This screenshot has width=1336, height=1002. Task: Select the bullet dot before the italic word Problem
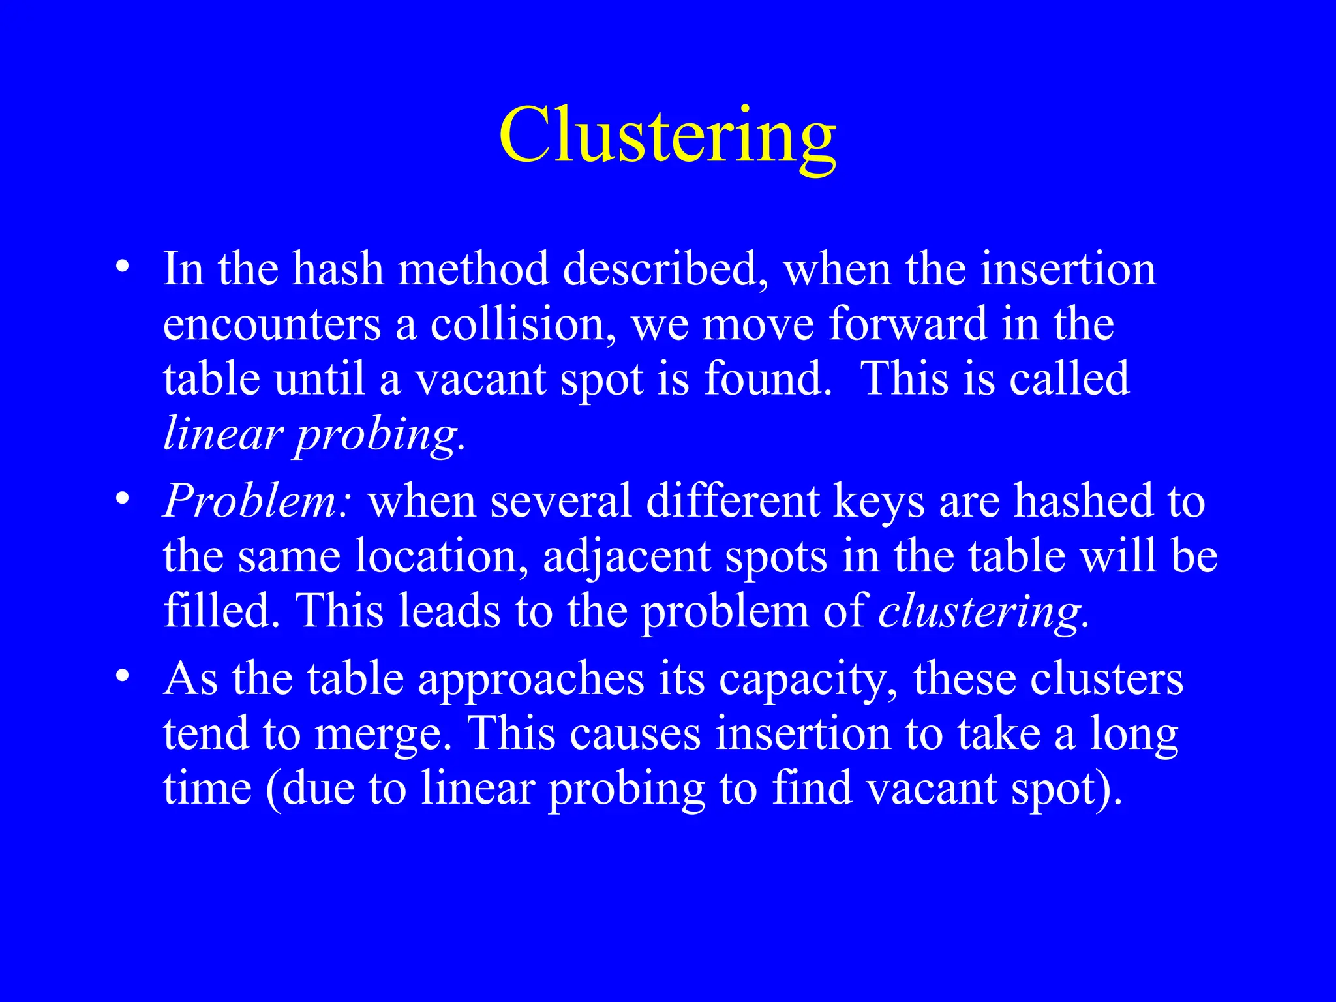click(x=121, y=499)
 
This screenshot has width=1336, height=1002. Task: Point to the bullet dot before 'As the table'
click(x=121, y=676)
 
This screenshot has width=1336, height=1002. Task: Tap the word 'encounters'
click(x=271, y=324)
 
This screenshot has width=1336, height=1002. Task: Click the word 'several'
click(x=560, y=502)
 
